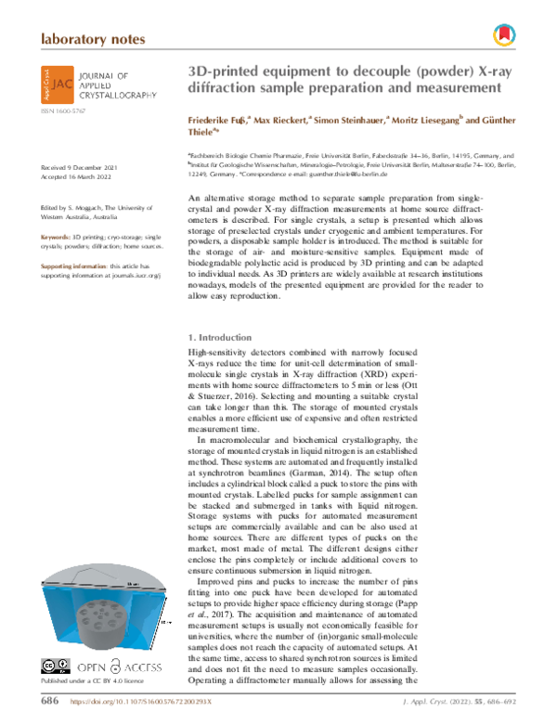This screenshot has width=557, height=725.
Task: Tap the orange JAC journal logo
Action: click(x=57, y=83)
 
